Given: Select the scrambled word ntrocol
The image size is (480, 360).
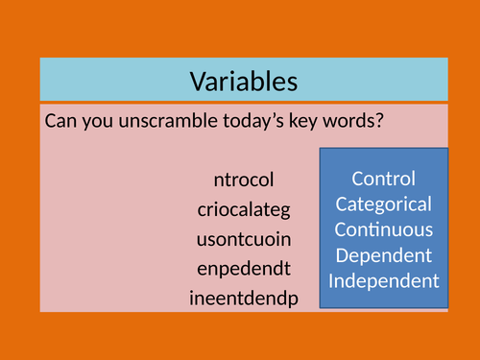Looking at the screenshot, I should tap(245, 180).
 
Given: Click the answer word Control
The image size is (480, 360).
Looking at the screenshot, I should tap(384, 179).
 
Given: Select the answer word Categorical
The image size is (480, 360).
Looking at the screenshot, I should tap(384, 204).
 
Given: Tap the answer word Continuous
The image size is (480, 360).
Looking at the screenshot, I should tap(384, 230).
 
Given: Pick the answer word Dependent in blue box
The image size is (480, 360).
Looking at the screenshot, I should tap(384, 256).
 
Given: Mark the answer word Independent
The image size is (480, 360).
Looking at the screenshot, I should tap(384, 282).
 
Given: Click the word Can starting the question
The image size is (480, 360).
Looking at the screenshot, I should tap(60, 123).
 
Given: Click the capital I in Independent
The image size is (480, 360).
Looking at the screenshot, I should tap(332, 282).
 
